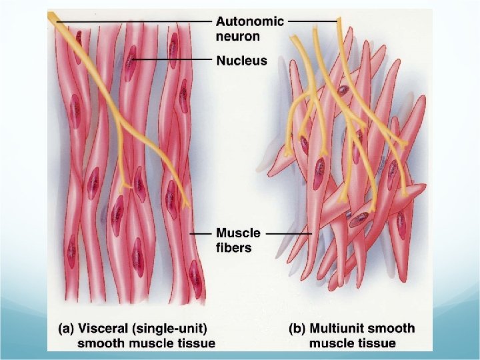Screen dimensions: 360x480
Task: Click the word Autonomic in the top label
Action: [x=250, y=21]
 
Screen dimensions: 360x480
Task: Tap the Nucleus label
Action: [x=241, y=61]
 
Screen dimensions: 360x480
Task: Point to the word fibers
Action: [x=233, y=248]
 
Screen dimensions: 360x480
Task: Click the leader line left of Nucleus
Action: [x=173, y=61]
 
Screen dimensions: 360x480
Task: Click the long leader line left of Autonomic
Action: [x=133, y=22]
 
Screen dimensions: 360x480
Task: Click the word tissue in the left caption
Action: [x=194, y=344]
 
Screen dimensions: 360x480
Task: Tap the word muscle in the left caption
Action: [x=153, y=344]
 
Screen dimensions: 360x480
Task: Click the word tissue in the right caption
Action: [x=375, y=344]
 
